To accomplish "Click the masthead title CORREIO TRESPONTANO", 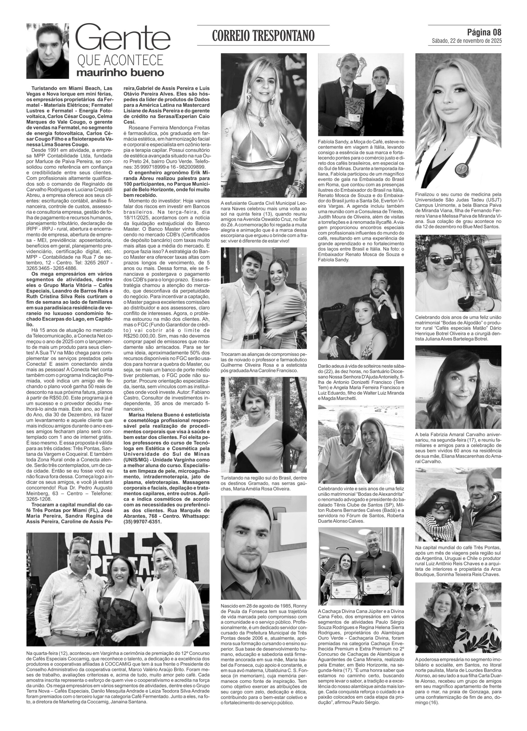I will click(263, 35).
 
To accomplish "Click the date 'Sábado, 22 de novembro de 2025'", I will click(467, 41).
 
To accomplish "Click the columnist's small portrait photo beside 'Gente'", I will click(47, 51).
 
